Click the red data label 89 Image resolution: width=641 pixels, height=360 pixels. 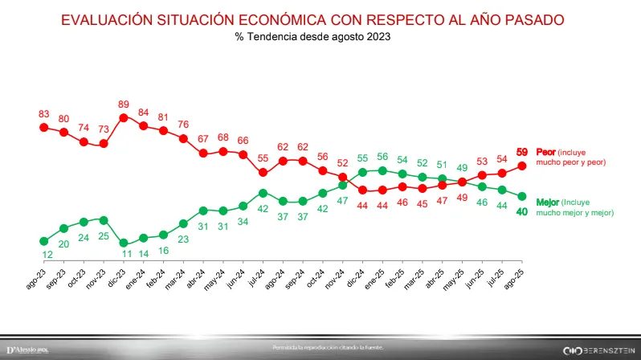[124, 104]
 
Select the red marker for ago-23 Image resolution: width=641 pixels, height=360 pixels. [44, 127]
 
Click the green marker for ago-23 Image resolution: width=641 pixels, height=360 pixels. [44, 241]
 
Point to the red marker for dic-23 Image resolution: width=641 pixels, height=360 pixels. [124, 117]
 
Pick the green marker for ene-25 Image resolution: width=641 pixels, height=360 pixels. [382, 170]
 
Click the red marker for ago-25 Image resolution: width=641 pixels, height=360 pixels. [521, 166]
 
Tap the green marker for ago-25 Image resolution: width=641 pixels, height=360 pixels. [521, 196]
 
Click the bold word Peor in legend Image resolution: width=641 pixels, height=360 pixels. [545, 153]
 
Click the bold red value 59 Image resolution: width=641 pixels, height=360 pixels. [522, 152]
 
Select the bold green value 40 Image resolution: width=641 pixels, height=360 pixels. [522, 211]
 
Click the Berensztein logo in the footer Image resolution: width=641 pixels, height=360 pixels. [593, 350]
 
